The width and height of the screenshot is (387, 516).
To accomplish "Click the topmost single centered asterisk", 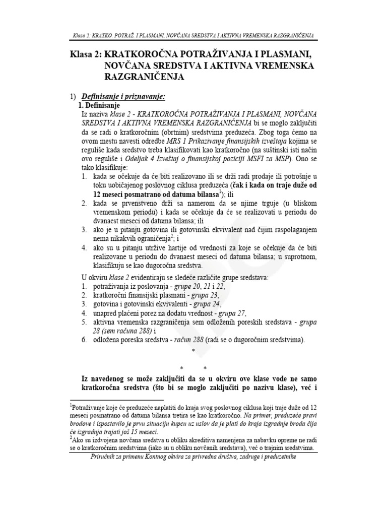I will pyautogui.click(x=193, y=351).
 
